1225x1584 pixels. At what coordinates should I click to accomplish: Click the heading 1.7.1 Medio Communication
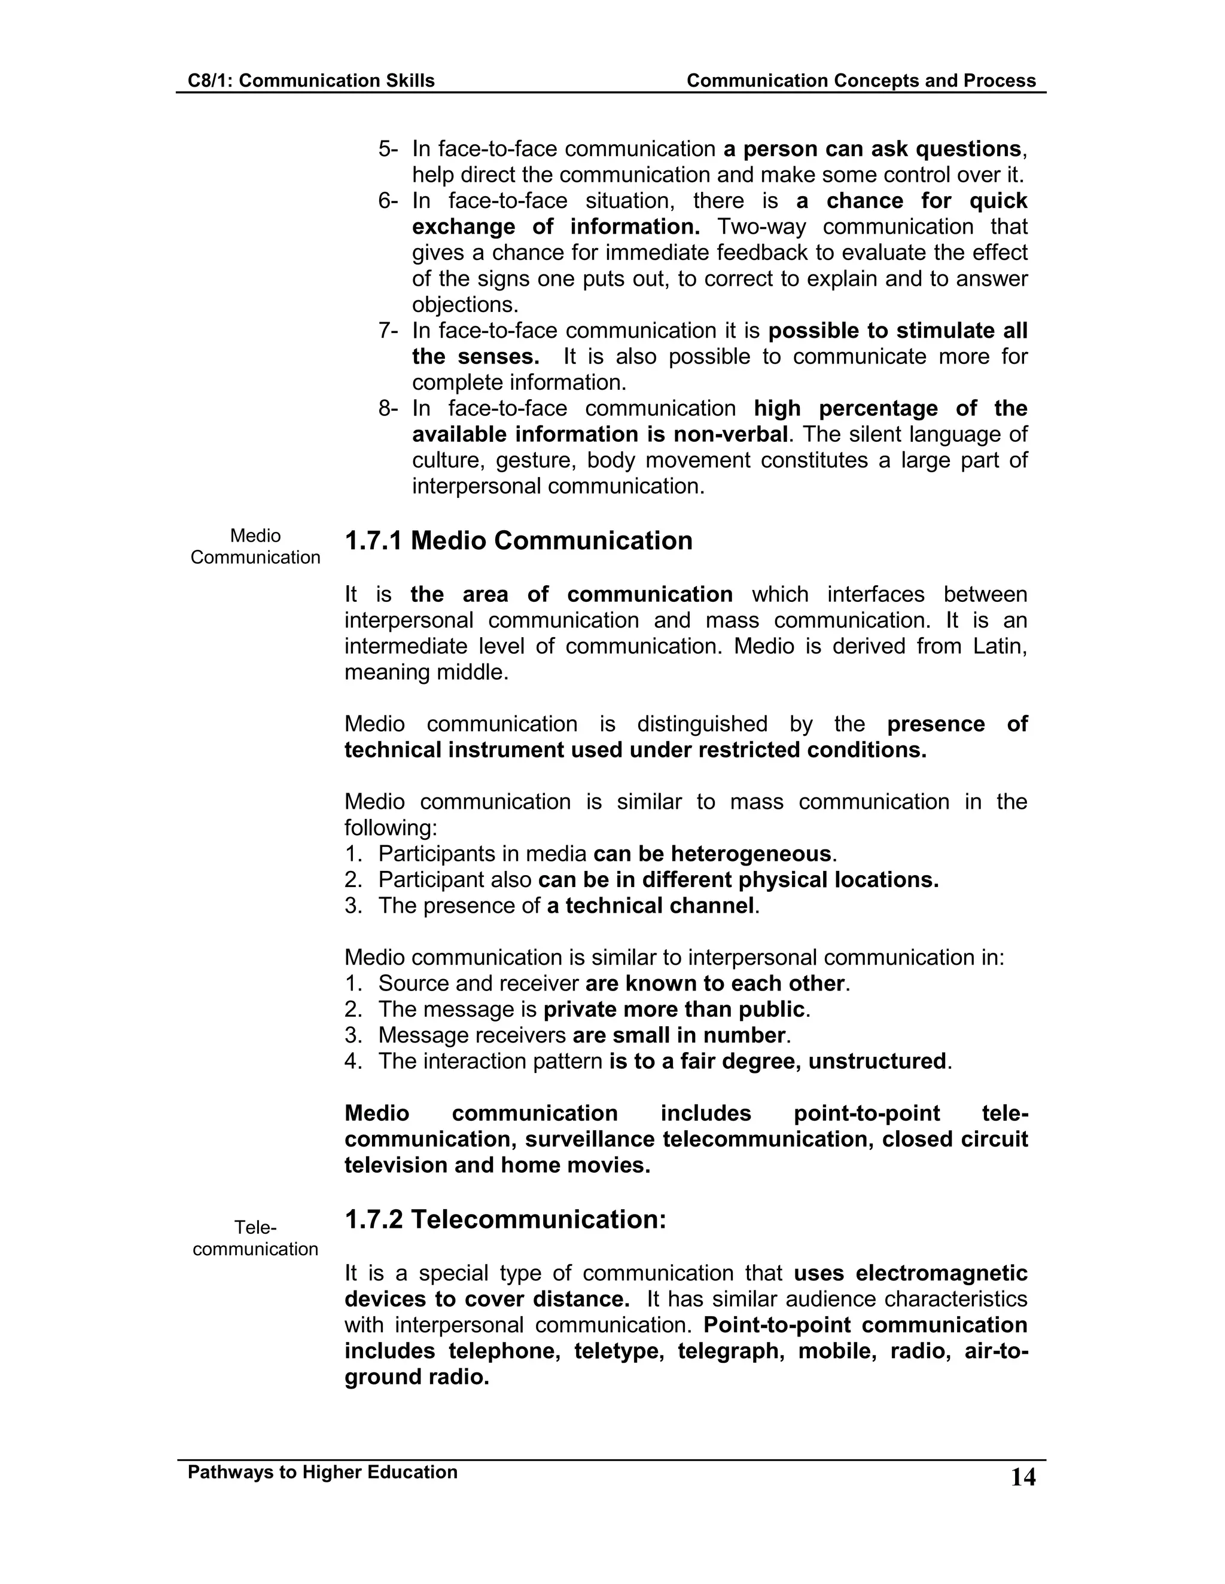pos(518,541)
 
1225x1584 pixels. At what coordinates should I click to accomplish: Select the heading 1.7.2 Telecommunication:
pos(505,1220)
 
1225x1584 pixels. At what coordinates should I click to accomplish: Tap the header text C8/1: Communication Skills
pos(311,81)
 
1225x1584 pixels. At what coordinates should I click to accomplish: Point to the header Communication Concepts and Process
pos(861,81)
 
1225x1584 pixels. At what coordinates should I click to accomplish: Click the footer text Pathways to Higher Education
pos(323,1472)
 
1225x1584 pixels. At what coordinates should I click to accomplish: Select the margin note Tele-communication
pos(255,1238)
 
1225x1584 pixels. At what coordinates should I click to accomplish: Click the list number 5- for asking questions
pos(388,149)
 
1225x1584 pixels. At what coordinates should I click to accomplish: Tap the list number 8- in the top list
pos(388,409)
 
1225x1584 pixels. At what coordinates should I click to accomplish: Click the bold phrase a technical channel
pos(650,906)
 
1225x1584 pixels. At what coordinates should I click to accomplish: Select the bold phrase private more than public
pos(674,1010)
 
